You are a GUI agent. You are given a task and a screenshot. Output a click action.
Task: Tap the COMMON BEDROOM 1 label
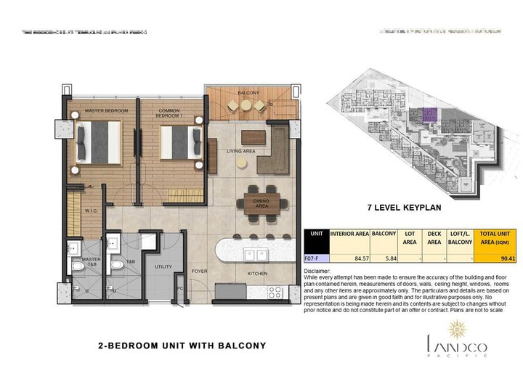(173, 113)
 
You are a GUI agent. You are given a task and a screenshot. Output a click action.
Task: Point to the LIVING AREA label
(240, 152)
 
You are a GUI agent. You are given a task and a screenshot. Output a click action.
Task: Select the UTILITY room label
(163, 267)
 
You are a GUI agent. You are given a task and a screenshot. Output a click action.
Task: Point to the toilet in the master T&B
(78, 266)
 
